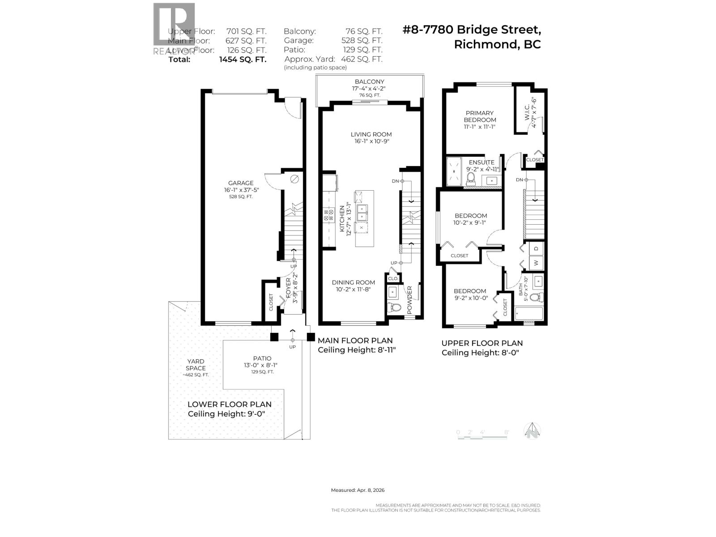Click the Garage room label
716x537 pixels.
tap(241, 183)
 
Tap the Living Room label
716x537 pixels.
tap(371, 134)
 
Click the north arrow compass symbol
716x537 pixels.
tap(532, 430)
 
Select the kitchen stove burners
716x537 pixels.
tap(328, 215)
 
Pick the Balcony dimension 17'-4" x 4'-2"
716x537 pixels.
tap(369, 89)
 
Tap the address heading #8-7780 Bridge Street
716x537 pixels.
tap(472, 30)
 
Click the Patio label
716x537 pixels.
tap(262, 358)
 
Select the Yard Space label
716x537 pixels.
tap(196, 365)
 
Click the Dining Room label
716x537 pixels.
tap(353, 282)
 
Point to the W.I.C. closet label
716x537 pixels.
tap(527, 112)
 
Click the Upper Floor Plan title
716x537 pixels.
tap(482, 343)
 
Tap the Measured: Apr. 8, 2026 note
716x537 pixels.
tap(358, 490)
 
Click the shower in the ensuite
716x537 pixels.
tap(454, 171)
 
